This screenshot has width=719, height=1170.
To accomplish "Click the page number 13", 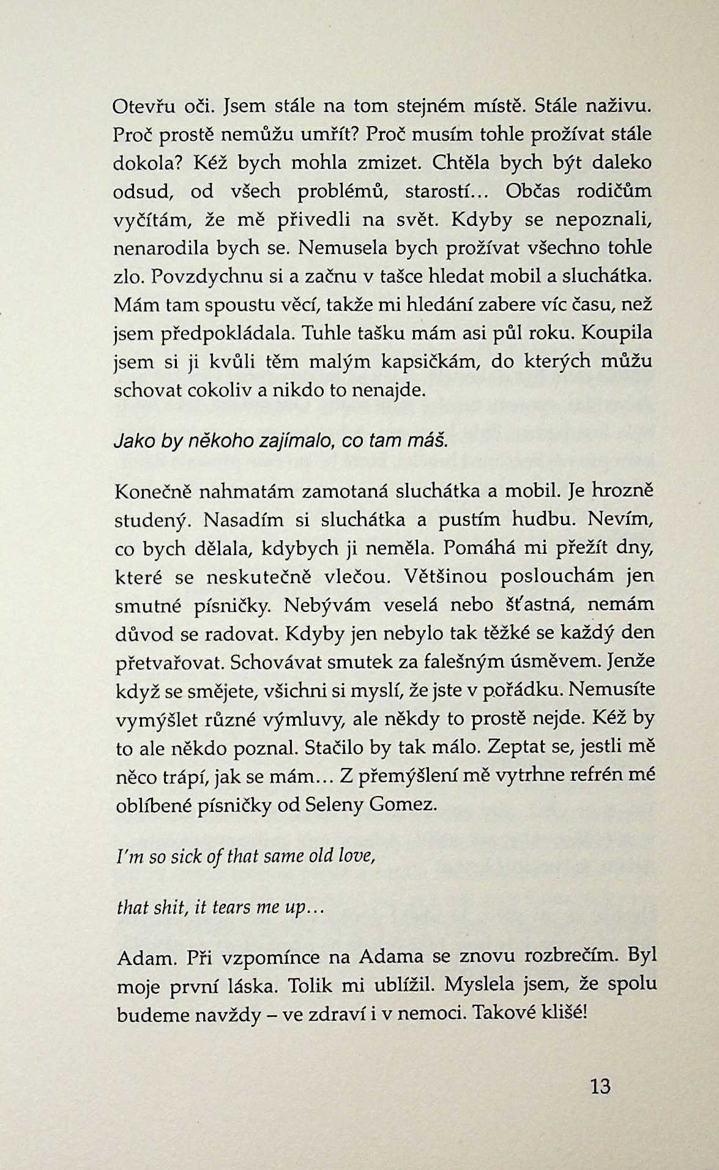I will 601,1086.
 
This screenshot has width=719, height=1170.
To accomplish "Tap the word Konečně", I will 153,491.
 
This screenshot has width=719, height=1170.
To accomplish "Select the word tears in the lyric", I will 230,907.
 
